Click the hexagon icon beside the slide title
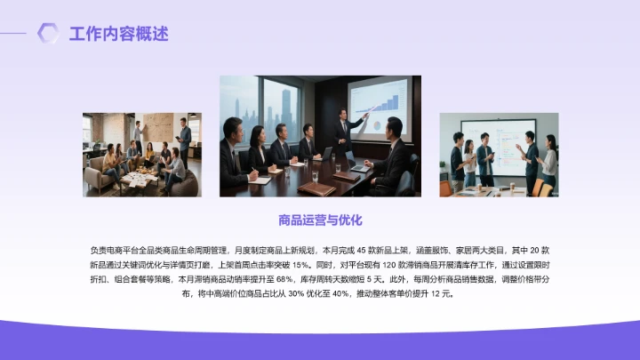[x=48, y=34]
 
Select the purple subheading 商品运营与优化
[x=320, y=219]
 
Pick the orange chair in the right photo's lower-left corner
[x=445, y=188]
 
